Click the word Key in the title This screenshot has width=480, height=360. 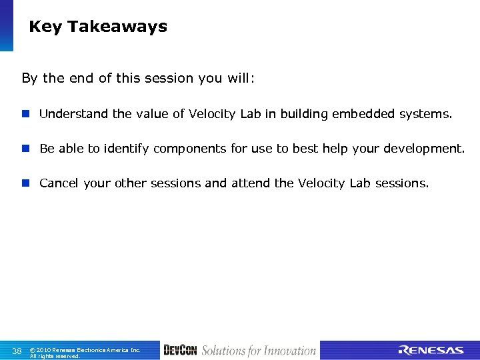click(45, 27)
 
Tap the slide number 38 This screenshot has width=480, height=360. click(17, 351)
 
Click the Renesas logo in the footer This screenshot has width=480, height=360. click(431, 351)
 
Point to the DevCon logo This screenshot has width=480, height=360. click(180, 351)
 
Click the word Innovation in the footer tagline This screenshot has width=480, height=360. click(290, 351)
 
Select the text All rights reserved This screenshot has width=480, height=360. click(55, 356)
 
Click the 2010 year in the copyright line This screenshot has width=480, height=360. click(45, 349)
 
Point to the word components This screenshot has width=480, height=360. click(190, 149)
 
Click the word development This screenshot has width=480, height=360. click(427, 149)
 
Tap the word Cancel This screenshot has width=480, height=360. click(59, 183)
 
